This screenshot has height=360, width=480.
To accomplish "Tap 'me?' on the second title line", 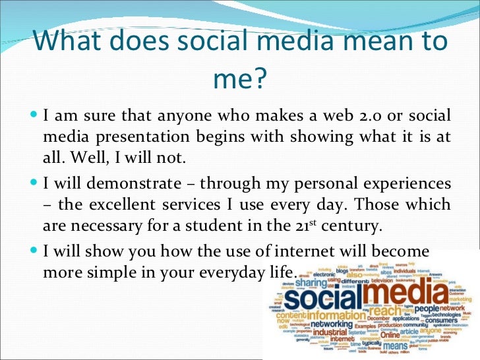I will [x=239, y=80].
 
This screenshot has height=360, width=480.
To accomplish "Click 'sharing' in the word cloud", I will [x=309, y=282].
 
